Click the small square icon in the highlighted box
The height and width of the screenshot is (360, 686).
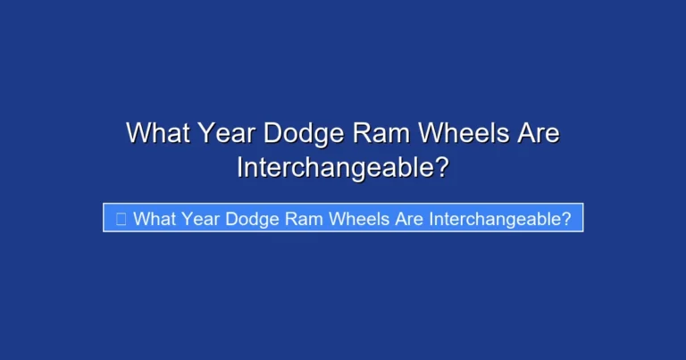coord(121,218)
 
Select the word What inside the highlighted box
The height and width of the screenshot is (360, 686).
coord(153,218)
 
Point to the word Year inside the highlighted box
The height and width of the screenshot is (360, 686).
coord(201,218)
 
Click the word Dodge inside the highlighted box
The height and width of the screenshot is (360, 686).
coord(255,218)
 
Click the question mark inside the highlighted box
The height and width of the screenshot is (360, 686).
coord(565,218)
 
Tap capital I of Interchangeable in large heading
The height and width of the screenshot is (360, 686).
coord(240,167)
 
